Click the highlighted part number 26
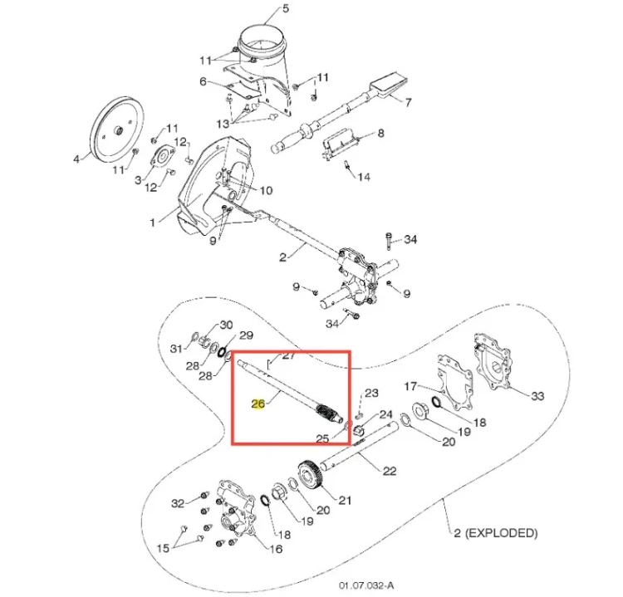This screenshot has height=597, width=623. click(x=258, y=404)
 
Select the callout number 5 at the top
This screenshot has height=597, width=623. click(x=286, y=8)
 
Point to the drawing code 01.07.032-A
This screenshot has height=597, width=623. click(x=366, y=585)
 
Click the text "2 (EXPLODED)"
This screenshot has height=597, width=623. click(x=496, y=533)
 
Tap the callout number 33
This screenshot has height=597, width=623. click(x=537, y=396)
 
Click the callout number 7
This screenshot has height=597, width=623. click(x=408, y=102)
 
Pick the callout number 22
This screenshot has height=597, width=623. click(x=390, y=471)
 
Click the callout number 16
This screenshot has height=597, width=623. click(x=276, y=549)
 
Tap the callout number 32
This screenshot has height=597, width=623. click(x=178, y=503)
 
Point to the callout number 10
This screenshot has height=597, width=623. click(x=266, y=191)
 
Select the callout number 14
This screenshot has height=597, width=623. click(x=364, y=177)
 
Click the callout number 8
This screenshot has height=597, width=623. click(x=380, y=133)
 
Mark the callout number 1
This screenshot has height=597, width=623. click(x=152, y=223)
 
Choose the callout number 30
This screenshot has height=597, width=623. click(x=226, y=325)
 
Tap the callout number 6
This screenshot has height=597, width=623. click(x=203, y=81)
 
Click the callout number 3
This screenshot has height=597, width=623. click(x=138, y=180)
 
